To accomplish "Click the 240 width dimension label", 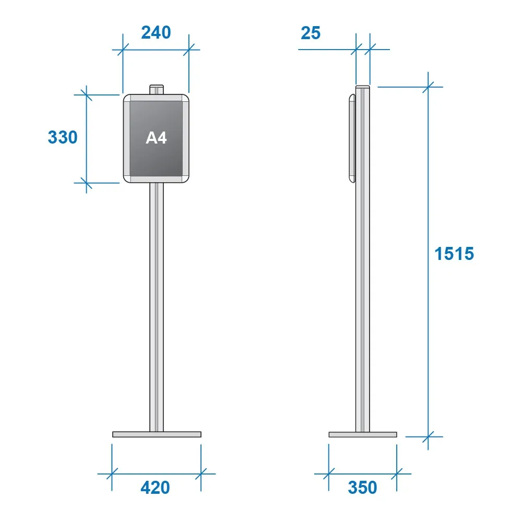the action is coord(156,32).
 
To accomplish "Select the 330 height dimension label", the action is coord(63,137).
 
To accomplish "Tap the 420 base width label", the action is coord(155,488).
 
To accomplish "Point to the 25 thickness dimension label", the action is coord(311,33).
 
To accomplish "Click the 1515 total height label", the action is coord(454,254).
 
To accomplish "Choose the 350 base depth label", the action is coord(363,488).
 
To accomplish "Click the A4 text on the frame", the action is coord(156,138).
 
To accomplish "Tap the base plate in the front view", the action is coord(157,434).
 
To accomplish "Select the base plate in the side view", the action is coord(363,434).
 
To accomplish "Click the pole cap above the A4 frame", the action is coord(157,90).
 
